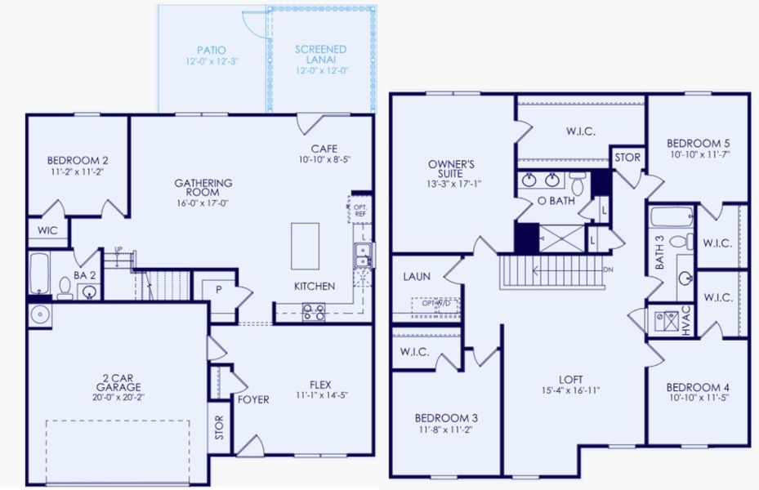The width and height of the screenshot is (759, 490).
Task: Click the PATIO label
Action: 211,50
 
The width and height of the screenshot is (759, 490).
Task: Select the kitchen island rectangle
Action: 305,246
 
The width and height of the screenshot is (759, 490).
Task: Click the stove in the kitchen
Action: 314,311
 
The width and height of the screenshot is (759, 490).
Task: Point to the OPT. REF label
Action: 360,210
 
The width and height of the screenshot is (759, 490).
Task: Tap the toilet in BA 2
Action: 65,287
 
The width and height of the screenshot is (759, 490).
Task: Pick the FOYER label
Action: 254,399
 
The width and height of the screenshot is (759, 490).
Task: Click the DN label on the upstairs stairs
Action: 606,268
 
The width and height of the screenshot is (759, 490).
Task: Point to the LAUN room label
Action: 417,277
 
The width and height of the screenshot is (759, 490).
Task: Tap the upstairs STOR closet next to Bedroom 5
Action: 627,157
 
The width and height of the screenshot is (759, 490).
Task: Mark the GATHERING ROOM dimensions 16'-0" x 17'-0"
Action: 203,203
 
